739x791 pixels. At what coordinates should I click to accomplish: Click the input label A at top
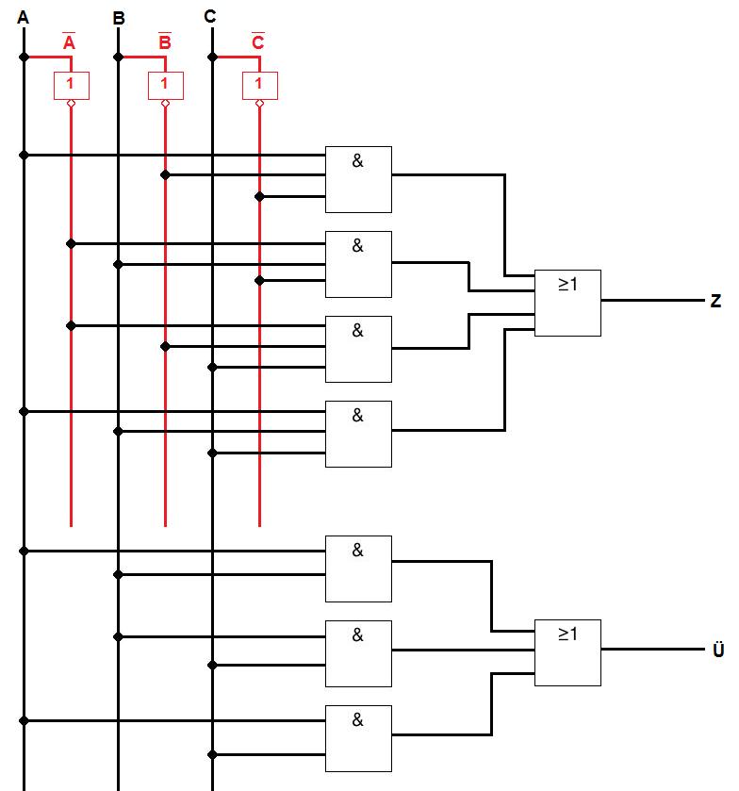[x=23, y=16]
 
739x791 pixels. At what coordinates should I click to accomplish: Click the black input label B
[x=118, y=17]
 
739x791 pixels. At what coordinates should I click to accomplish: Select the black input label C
[x=210, y=16]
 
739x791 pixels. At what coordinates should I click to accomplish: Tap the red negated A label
[x=70, y=42]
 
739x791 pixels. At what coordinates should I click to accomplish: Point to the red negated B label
[x=164, y=42]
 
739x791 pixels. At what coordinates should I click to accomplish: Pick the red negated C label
[x=258, y=42]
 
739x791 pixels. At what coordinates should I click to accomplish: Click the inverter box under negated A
[x=71, y=85]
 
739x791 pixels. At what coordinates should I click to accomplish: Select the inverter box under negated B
[x=165, y=85]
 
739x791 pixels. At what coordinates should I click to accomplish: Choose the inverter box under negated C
[x=259, y=85]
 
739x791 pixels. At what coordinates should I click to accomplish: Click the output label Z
[x=715, y=302]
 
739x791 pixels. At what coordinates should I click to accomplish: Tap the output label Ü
[x=718, y=651]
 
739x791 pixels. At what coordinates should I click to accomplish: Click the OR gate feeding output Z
[x=567, y=303]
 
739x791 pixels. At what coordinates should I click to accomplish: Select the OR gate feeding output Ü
[x=567, y=651]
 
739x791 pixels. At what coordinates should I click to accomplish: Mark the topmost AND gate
[x=358, y=179]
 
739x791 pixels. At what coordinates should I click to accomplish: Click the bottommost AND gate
[x=358, y=738]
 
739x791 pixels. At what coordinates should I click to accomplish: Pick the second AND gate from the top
[x=358, y=264]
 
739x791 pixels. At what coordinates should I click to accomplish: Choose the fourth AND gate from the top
[x=358, y=434]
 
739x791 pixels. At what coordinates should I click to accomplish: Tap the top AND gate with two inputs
[x=358, y=569]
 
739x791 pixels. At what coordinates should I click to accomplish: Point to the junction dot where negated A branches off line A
[x=24, y=57]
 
